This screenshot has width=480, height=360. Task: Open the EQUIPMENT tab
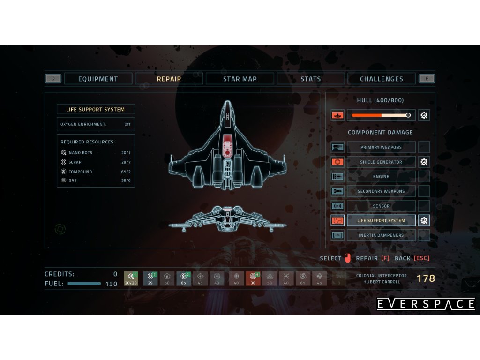pos(98,79)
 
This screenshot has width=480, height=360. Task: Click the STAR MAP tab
pos(240,79)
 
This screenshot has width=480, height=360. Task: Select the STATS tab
pos(311,79)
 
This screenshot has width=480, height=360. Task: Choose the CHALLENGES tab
pos(382,79)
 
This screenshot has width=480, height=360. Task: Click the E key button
pos(427,79)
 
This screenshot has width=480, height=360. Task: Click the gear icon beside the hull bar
pos(424,115)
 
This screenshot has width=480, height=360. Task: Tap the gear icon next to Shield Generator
pos(424,162)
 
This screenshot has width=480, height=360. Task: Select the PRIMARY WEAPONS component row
pos(381,147)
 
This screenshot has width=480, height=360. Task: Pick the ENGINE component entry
pos(381,177)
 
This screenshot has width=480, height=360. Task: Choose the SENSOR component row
pos(381,206)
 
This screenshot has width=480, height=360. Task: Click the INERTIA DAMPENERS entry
pos(381,235)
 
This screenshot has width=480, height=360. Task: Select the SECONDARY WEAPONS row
pos(381,191)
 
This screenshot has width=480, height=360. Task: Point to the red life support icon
pos(337,220)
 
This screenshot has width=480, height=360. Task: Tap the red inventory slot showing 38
pos(253,279)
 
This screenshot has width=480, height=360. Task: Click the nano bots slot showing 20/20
pos(131,279)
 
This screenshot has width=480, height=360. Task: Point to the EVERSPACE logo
pos(426,304)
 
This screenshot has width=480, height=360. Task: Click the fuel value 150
pos(111,284)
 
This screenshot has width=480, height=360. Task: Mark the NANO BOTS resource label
pos(80,153)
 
